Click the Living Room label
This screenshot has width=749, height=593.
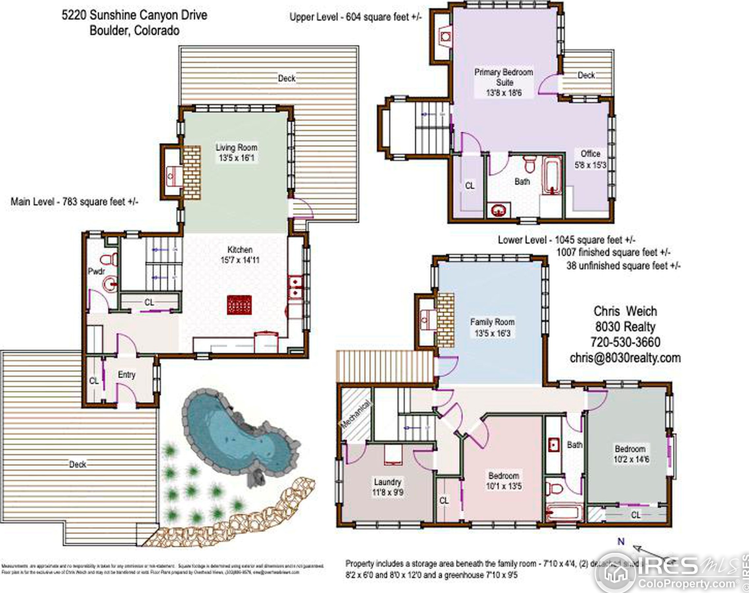click(236, 147)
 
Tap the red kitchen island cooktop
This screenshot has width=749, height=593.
click(239, 305)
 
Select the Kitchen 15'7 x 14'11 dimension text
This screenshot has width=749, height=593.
click(240, 260)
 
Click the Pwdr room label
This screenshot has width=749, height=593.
click(96, 271)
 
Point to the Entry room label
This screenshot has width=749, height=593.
click(126, 374)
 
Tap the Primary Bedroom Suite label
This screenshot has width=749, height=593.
click(504, 77)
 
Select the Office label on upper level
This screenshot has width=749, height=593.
click(590, 153)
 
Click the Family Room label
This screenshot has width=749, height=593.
click(492, 322)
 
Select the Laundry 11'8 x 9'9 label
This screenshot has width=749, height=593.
click(388, 487)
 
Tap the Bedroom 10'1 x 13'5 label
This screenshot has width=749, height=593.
click(504, 480)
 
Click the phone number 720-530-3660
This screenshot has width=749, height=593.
click(625, 342)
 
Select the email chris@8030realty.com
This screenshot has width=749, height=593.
click(625, 358)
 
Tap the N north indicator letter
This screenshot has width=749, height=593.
click(621, 541)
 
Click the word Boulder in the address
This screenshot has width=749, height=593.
click(110, 31)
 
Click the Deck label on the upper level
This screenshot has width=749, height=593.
click(586, 75)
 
